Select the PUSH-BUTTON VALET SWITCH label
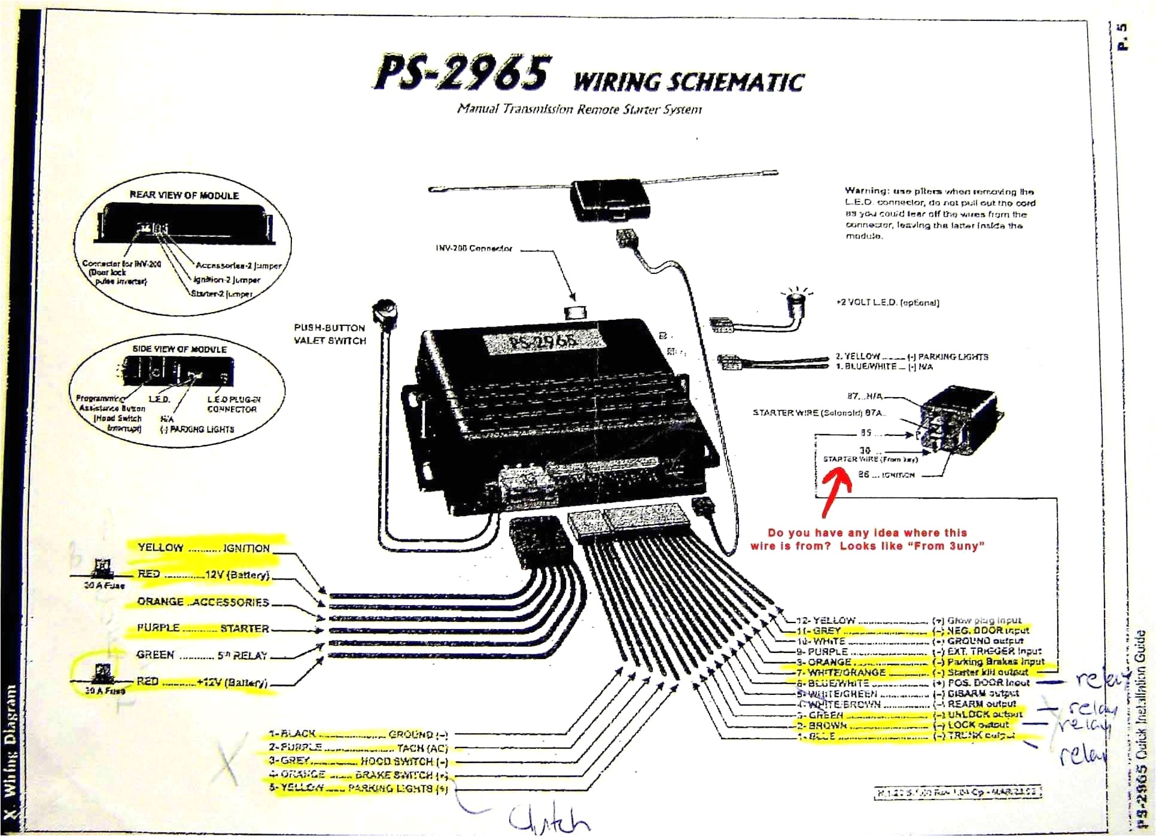point(329,334)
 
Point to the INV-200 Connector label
point(473,248)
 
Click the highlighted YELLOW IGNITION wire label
point(203,548)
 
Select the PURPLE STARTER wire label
point(203,628)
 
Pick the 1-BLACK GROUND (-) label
point(358,734)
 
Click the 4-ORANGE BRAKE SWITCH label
point(358,774)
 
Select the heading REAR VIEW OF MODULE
point(184,196)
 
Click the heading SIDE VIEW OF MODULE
point(180,349)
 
